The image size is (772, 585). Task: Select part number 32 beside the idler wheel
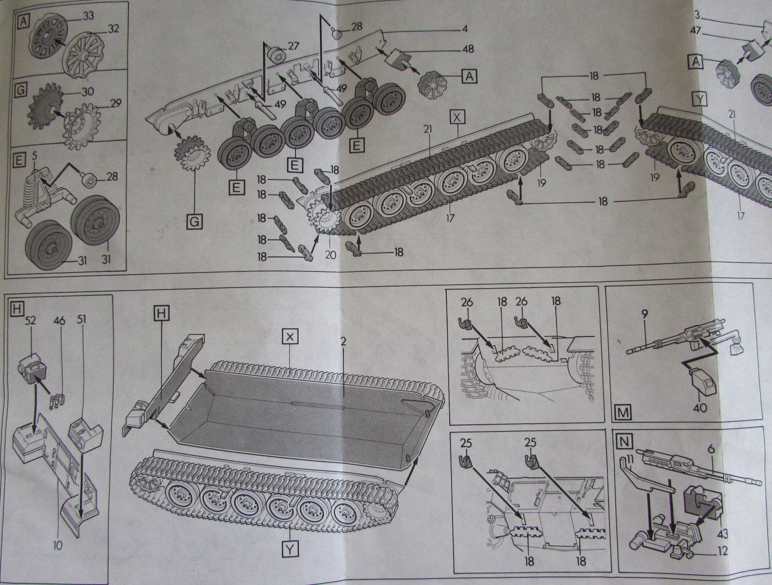113,29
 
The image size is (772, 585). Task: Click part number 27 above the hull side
293,46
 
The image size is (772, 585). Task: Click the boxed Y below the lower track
289,550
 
